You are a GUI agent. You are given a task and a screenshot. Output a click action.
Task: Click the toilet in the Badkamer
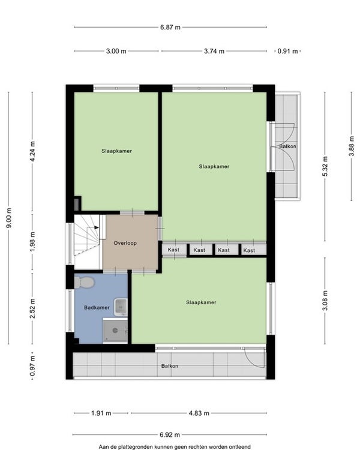coord(84,283)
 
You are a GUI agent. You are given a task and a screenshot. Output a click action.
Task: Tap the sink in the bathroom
coord(121,307)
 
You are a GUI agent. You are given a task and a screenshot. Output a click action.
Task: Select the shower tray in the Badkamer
coord(115,331)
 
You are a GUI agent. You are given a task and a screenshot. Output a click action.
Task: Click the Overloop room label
coord(125,243)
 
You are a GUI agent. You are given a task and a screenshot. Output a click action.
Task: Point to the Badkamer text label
coord(97,307)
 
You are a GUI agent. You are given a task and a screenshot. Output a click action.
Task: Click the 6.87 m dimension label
coord(170,27)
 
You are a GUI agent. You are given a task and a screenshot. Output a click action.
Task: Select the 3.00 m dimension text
coord(116,51)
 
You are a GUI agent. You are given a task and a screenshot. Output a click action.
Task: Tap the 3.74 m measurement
coord(214,51)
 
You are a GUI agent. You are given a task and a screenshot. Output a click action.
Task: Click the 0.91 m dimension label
coord(287,51)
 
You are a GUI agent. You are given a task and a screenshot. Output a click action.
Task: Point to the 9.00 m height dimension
coord(9,218)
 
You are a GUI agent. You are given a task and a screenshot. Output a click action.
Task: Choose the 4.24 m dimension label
coord(32,151)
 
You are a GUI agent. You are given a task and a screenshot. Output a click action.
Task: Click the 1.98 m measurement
coord(32,242)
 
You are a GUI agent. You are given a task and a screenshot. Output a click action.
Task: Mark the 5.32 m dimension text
coord(325,166)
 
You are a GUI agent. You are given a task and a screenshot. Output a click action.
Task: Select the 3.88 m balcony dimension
coord(352,146)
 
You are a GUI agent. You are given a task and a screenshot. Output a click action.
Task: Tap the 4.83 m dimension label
coord(199,413)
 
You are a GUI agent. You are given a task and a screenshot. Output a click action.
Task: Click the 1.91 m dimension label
coord(101,413)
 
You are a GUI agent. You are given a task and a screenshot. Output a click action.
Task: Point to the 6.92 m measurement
coord(170,434)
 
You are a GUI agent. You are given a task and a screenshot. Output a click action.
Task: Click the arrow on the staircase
coord(97,227)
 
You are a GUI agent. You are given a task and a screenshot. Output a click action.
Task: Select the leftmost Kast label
coord(173,250)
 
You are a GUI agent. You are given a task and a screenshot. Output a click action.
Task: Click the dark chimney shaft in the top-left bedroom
coord(77,204)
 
